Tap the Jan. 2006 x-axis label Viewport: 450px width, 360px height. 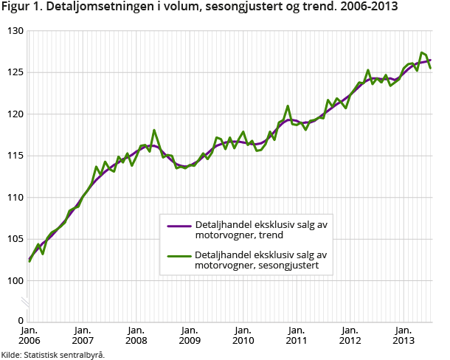30,336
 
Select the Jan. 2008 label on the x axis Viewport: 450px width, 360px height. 136,336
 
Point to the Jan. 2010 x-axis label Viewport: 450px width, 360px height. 243,336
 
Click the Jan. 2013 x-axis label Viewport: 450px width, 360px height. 404,336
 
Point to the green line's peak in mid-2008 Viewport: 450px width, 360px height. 154,131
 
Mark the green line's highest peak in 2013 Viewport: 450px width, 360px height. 421,52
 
